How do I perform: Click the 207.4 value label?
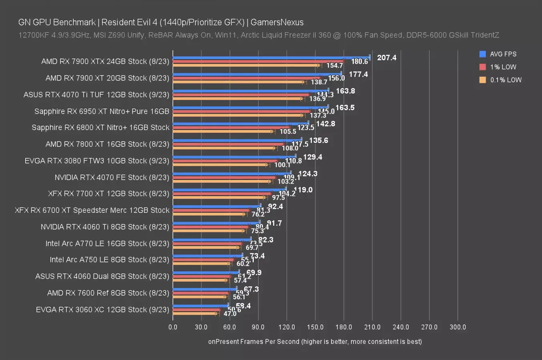[387, 58]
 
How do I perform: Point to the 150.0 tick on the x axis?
[315, 327]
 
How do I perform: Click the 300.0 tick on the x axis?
[458, 327]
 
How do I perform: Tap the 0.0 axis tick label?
[173, 327]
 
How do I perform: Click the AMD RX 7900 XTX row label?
[105, 61]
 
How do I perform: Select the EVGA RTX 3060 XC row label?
[102, 309]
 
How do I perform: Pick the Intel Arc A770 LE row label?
[107, 243]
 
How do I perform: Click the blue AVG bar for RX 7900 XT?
[256, 74]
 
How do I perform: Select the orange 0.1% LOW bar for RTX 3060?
[195, 313]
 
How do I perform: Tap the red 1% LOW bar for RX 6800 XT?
[231, 127]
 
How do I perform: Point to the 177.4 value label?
[358, 74]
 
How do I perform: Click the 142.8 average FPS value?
[325, 124]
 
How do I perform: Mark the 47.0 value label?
[230, 314]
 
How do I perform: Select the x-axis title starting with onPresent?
[315, 341]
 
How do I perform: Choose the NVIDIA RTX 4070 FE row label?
[112, 177]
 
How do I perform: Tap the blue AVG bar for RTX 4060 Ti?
[216, 222]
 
